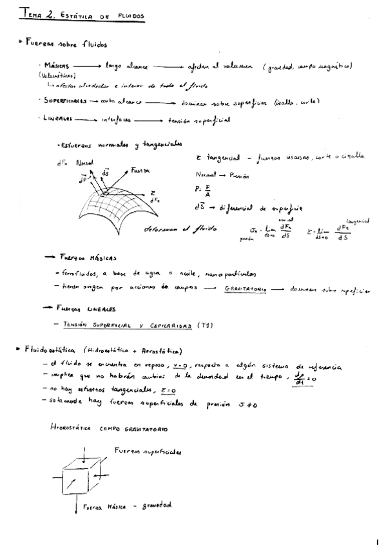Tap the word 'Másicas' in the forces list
point(57,66)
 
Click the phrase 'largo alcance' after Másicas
point(126,66)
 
